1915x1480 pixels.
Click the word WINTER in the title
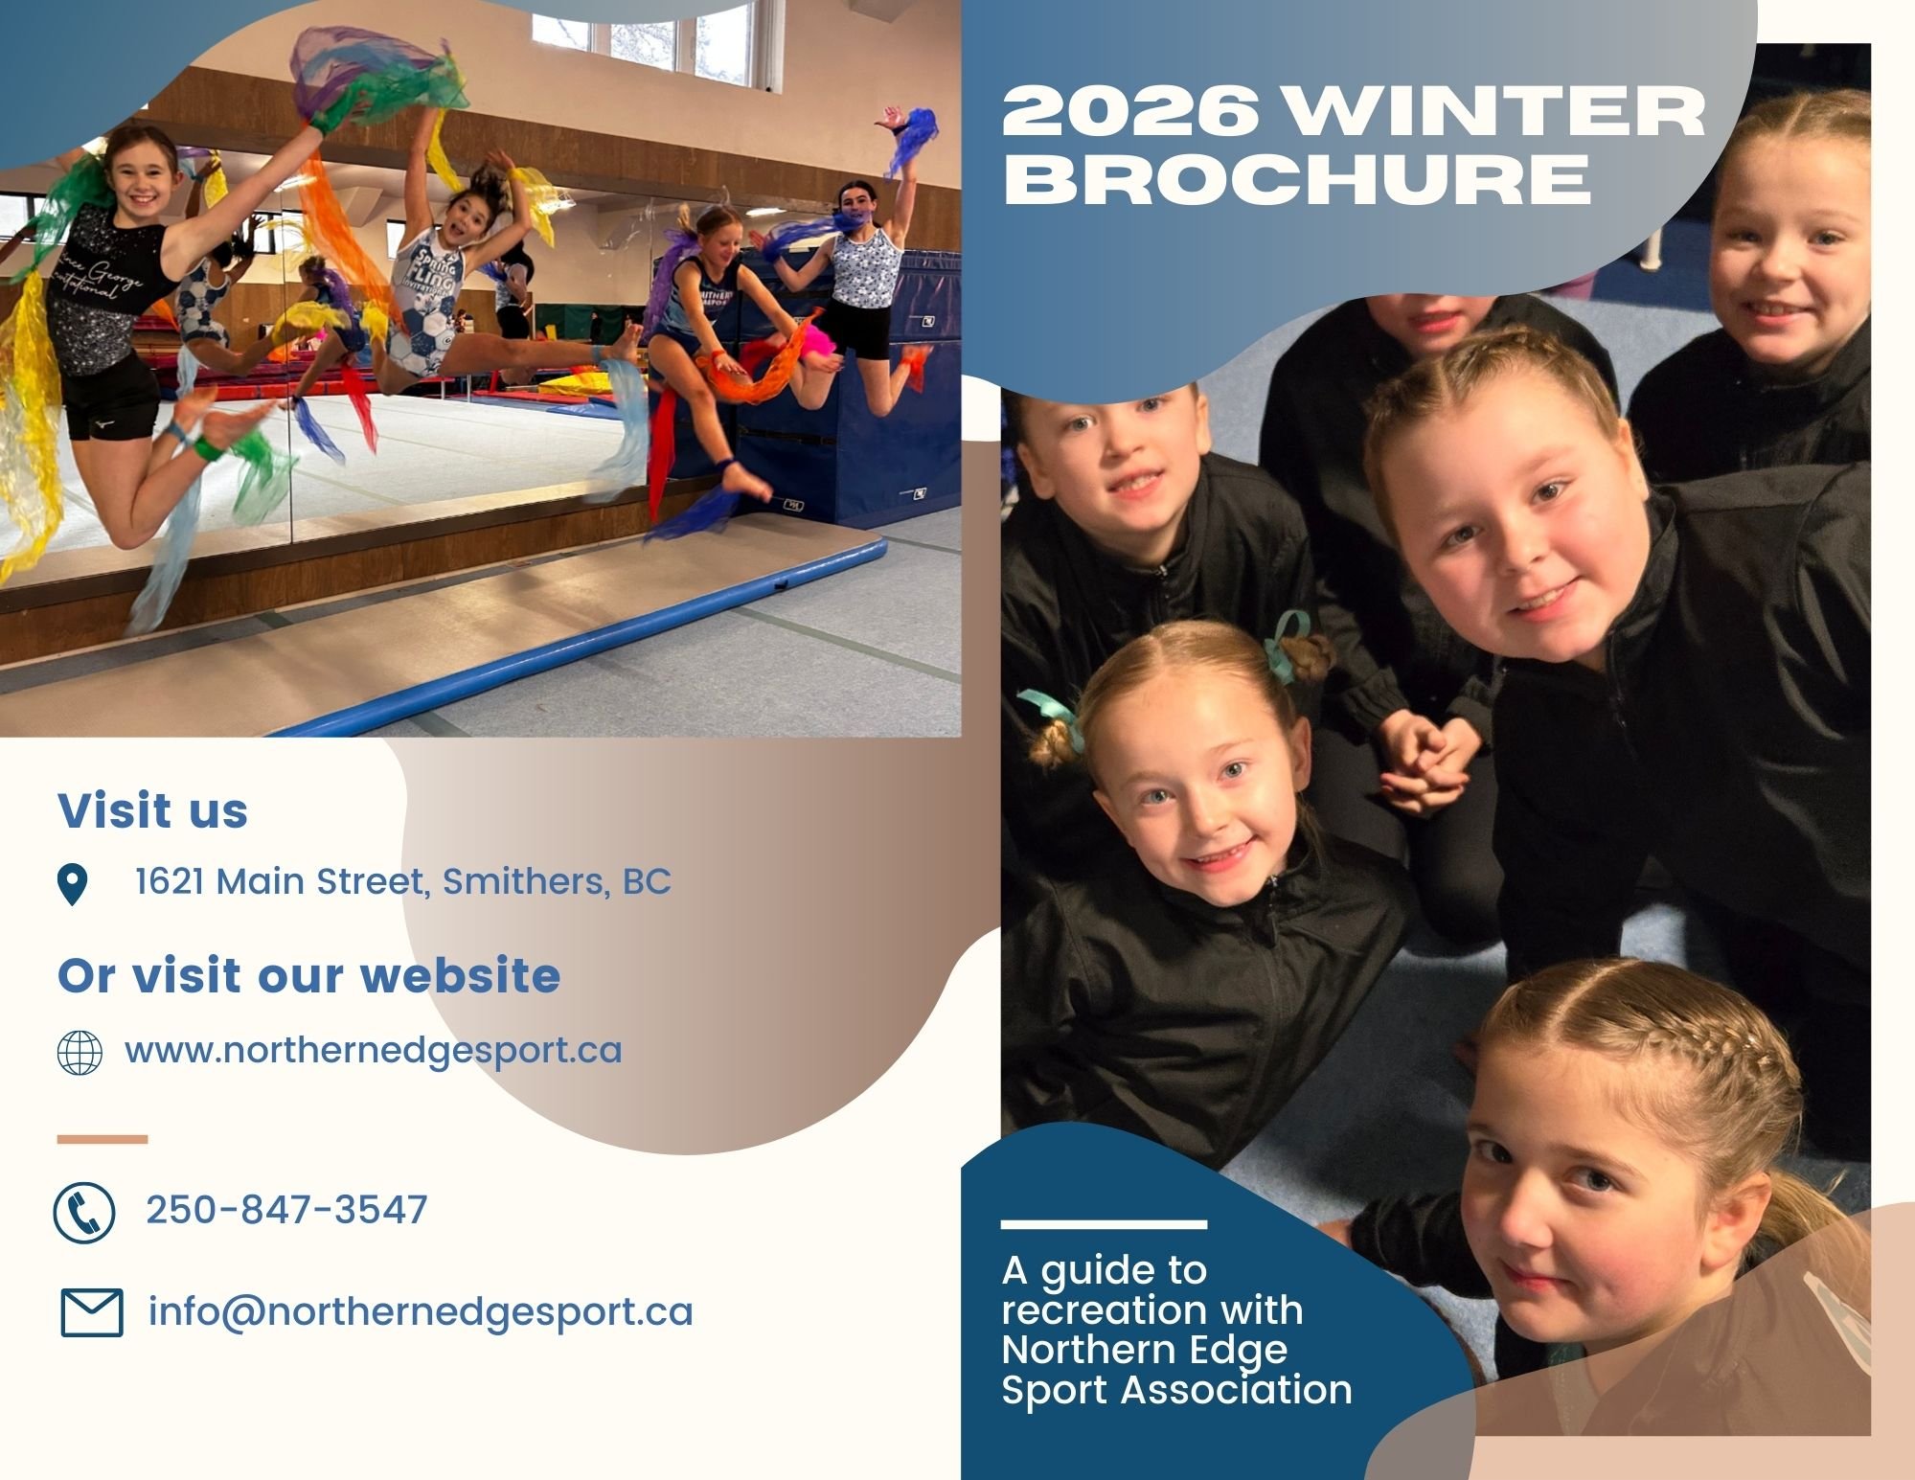pos(1494,112)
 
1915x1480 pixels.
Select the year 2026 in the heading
pos(1130,112)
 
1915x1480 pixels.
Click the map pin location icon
pos(73,883)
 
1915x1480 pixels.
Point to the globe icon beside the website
pos(80,1053)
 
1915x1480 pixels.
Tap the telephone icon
pos(84,1212)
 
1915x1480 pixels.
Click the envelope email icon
pos(92,1312)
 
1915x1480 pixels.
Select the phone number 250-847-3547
pos(286,1210)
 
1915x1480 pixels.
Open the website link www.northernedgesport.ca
pos(373,1051)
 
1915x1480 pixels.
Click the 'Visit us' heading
pos(153,810)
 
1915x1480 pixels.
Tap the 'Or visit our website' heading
pos(308,975)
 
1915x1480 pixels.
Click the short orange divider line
pos(103,1140)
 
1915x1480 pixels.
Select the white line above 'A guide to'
pos(1104,1224)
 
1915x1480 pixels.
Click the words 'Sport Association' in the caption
pos(1176,1390)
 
